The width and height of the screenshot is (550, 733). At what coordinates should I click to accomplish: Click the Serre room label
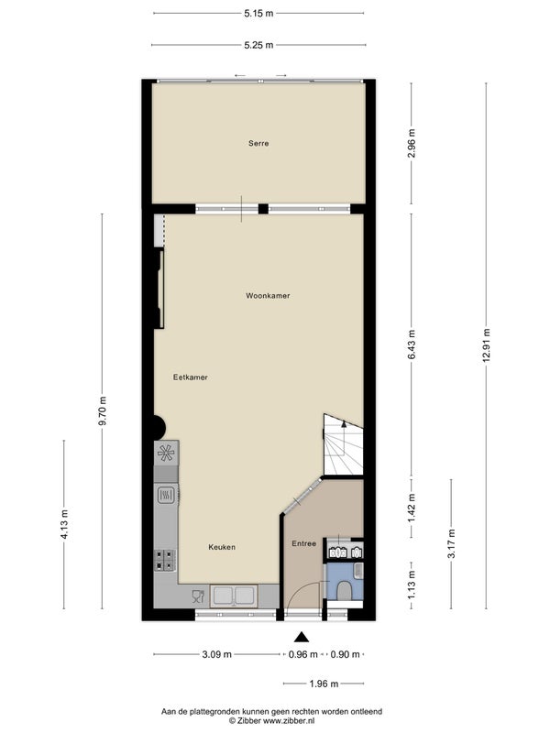click(258, 144)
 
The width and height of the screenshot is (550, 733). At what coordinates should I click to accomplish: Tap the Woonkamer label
click(268, 296)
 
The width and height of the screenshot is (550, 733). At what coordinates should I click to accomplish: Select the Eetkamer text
click(191, 377)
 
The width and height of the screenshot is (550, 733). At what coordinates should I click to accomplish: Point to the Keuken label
click(222, 547)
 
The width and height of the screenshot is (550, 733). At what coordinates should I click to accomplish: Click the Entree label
click(304, 543)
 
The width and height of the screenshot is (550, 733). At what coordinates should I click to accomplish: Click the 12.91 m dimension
click(487, 345)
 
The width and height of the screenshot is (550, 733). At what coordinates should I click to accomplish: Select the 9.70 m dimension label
click(103, 410)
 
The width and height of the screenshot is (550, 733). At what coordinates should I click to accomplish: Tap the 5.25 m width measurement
click(258, 45)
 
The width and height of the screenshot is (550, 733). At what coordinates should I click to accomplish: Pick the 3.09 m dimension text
click(217, 654)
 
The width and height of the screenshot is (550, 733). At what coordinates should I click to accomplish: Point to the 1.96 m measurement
click(324, 684)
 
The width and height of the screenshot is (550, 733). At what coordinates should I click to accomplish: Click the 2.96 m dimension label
click(412, 143)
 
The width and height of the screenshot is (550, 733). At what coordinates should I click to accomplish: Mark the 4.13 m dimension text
click(64, 524)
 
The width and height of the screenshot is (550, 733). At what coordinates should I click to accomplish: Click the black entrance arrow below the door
click(302, 637)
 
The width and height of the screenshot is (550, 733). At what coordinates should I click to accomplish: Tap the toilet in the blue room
click(346, 590)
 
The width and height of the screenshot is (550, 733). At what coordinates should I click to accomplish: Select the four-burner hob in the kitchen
click(166, 560)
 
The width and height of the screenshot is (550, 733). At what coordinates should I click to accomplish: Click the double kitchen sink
click(233, 596)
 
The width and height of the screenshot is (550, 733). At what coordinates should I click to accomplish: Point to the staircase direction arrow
click(345, 424)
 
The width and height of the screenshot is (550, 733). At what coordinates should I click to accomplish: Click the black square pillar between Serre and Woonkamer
click(263, 209)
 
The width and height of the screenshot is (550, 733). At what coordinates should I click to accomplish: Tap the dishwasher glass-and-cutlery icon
click(198, 596)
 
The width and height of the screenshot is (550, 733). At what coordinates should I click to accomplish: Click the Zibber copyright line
click(271, 720)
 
